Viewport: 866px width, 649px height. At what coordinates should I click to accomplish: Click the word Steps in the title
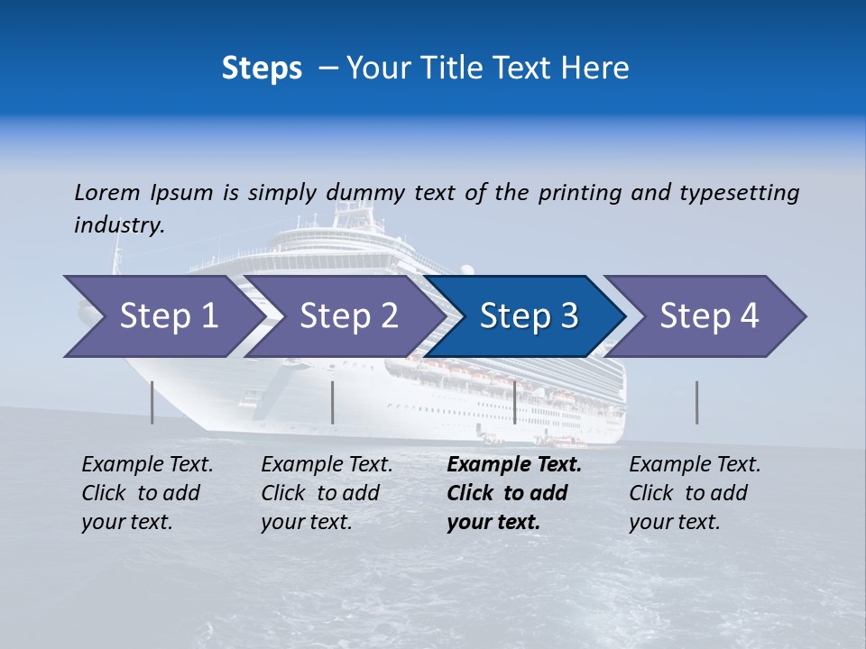262,68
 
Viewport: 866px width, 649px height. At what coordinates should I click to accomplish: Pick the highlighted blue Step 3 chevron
529,315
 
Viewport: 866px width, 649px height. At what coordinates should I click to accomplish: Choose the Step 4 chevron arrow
709,315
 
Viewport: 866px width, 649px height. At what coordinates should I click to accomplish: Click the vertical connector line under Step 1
152,402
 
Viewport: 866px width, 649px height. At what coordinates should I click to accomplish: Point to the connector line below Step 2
333,402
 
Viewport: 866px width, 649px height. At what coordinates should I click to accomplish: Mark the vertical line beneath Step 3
514,402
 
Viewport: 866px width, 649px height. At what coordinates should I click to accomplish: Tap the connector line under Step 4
696,402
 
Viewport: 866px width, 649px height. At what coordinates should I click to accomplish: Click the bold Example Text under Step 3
514,493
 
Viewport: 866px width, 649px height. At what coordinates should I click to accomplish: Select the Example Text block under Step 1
147,493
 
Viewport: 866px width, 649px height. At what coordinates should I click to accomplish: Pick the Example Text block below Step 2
327,493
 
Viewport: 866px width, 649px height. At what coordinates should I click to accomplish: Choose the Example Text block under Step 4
695,493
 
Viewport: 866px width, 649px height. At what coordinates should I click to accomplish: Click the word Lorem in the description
106,193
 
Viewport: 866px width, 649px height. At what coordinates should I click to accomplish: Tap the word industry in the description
119,225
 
